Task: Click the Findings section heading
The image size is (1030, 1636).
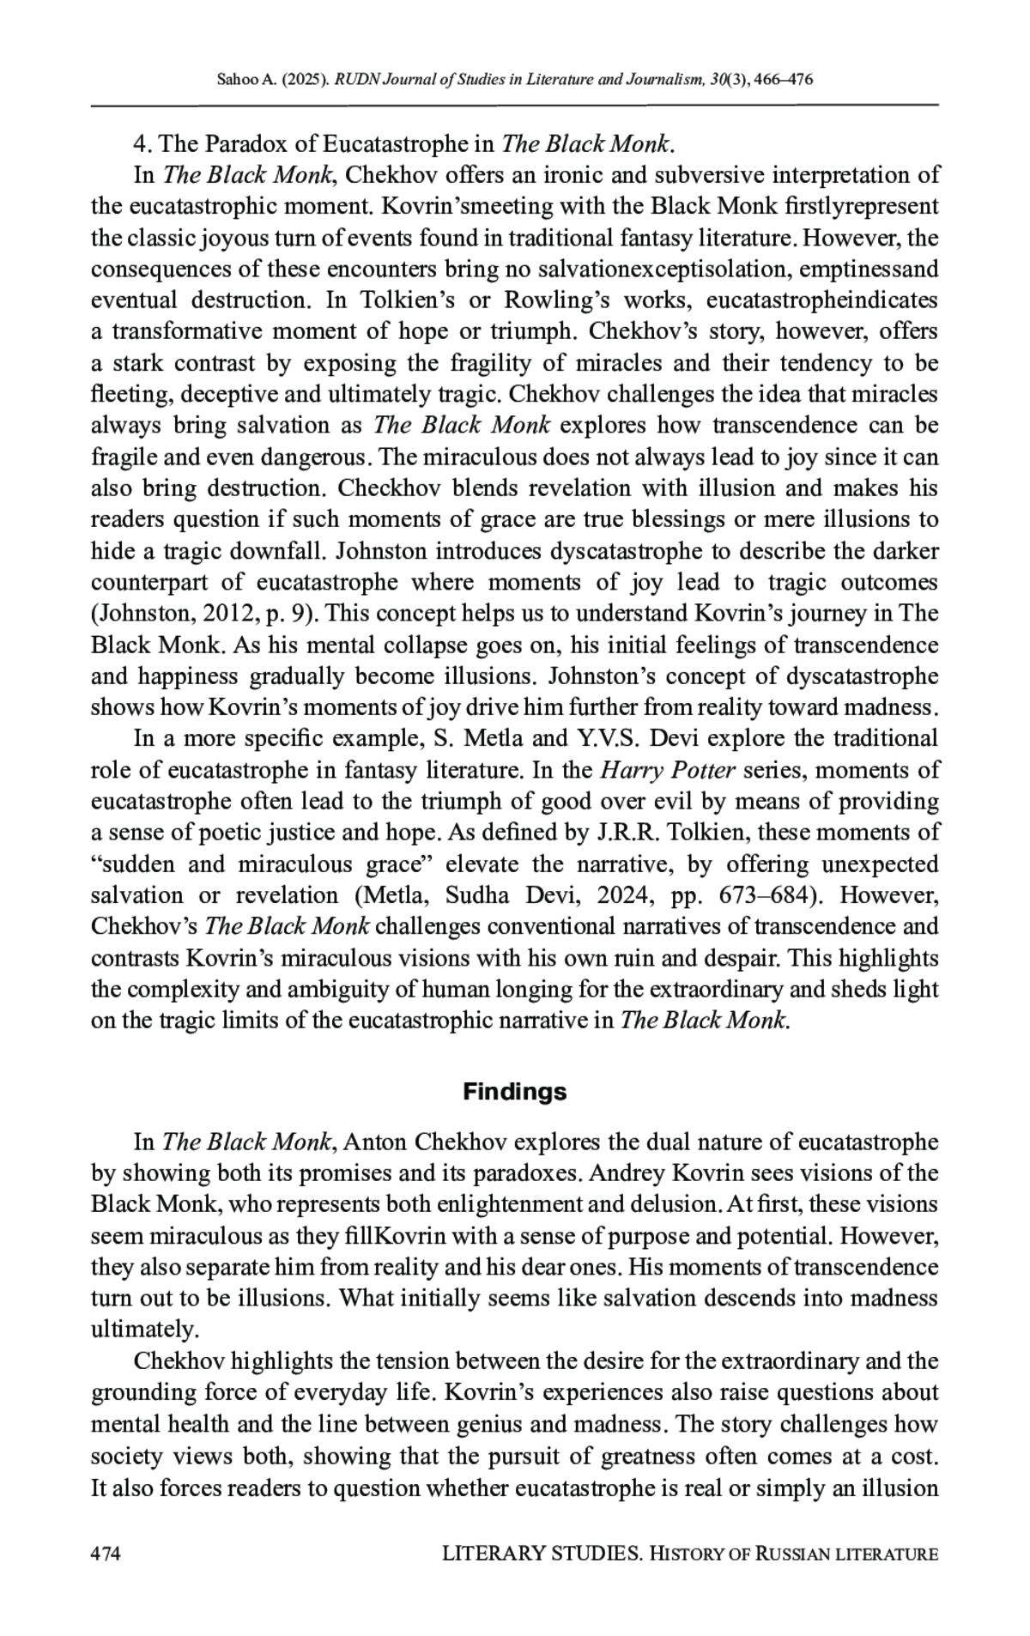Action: tap(515, 1092)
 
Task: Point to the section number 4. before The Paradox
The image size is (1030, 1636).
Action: tap(141, 143)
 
